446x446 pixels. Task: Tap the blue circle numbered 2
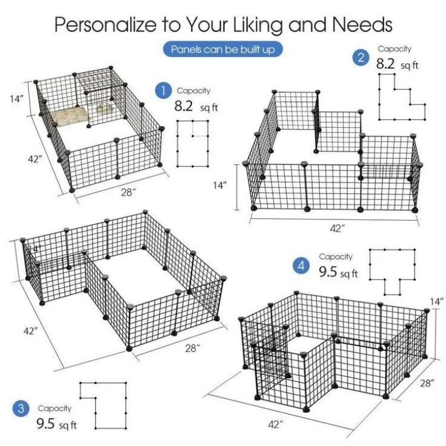pos(360,58)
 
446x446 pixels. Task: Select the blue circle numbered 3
pos(21,409)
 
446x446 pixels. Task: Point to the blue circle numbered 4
pos(302,266)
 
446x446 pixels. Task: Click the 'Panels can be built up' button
pos(223,49)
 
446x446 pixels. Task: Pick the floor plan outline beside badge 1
pos(193,142)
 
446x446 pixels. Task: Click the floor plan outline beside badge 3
pos(105,406)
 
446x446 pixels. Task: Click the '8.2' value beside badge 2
pos(385,64)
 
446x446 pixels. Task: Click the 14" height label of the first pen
pos(16,99)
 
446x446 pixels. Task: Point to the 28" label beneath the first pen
pos(127,192)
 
